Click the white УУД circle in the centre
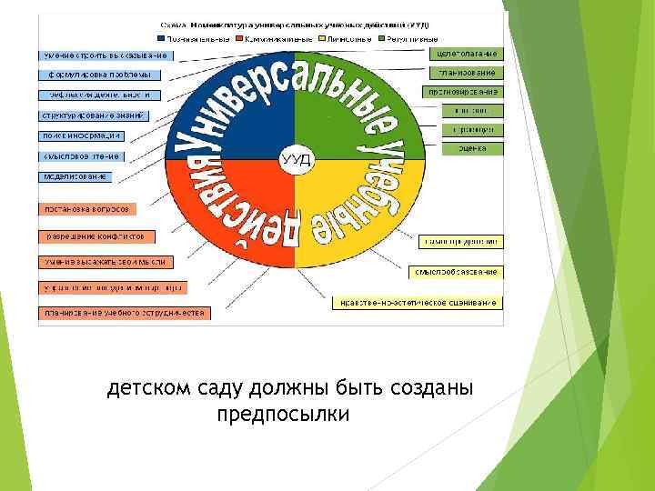pyautogui.click(x=295, y=159)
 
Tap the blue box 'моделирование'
pyautogui.click(x=76, y=175)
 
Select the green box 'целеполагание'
pyautogui.click(x=466, y=54)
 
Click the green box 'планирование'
pyautogui.click(x=466, y=73)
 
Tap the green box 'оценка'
pyautogui.click(x=472, y=148)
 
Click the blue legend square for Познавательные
pyautogui.click(x=161, y=39)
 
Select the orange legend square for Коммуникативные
pyautogui.click(x=237, y=39)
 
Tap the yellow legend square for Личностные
pyautogui.click(x=320, y=39)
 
